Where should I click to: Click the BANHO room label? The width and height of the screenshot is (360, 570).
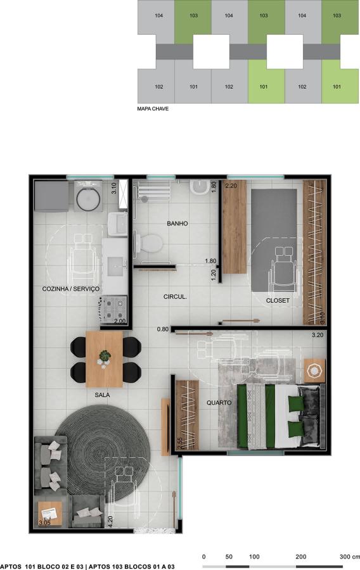pos(177,224)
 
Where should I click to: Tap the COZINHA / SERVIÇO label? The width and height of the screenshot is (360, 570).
pos(70,289)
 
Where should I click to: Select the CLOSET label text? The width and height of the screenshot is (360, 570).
pos(278,301)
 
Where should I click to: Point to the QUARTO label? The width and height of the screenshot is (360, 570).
pos(219,403)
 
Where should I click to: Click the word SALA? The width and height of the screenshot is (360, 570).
pos(102,395)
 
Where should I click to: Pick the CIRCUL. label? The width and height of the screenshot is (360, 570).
pos(175,297)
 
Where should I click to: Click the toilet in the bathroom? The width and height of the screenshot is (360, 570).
pos(149,243)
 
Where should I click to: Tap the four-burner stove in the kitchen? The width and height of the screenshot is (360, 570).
pos(113,309)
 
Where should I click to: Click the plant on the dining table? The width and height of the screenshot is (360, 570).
pos(105,355)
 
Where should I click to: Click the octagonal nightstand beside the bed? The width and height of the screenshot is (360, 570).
pos(314,371)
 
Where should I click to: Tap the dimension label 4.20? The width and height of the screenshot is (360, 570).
pos(110,521)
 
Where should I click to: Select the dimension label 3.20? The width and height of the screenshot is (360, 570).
pos(318,335)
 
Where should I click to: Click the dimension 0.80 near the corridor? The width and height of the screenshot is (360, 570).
pos(162,329)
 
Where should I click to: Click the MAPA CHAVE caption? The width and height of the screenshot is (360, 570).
pos(153,109)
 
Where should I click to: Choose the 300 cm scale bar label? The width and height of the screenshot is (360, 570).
pos(349,557)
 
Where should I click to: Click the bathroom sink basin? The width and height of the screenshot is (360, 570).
pos(199,187)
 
